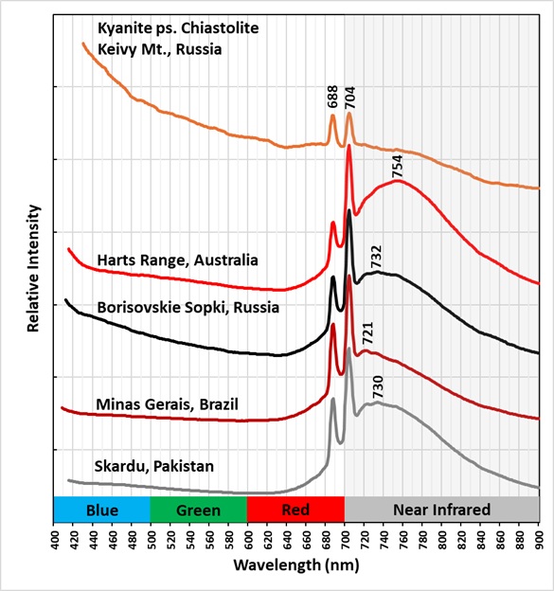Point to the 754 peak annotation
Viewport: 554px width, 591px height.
[398, 167]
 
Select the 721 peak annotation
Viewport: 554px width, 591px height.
[367, 335]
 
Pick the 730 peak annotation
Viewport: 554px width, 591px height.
[377, 386]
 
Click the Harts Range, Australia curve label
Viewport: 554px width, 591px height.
[177, 260]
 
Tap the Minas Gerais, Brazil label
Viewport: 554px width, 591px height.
[167, 404]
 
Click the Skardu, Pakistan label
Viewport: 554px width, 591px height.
[153, 466]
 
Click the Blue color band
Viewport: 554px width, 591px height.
[102, 510]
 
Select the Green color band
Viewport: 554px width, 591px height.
[198, 510]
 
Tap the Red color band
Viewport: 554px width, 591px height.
[295, 510]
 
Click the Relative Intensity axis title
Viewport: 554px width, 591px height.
[33, 267]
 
